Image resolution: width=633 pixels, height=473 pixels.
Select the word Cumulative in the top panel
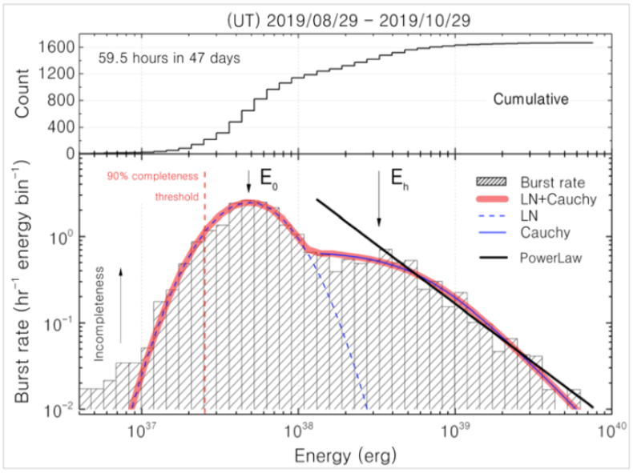530,100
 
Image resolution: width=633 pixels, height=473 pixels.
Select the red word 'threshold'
173,195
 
